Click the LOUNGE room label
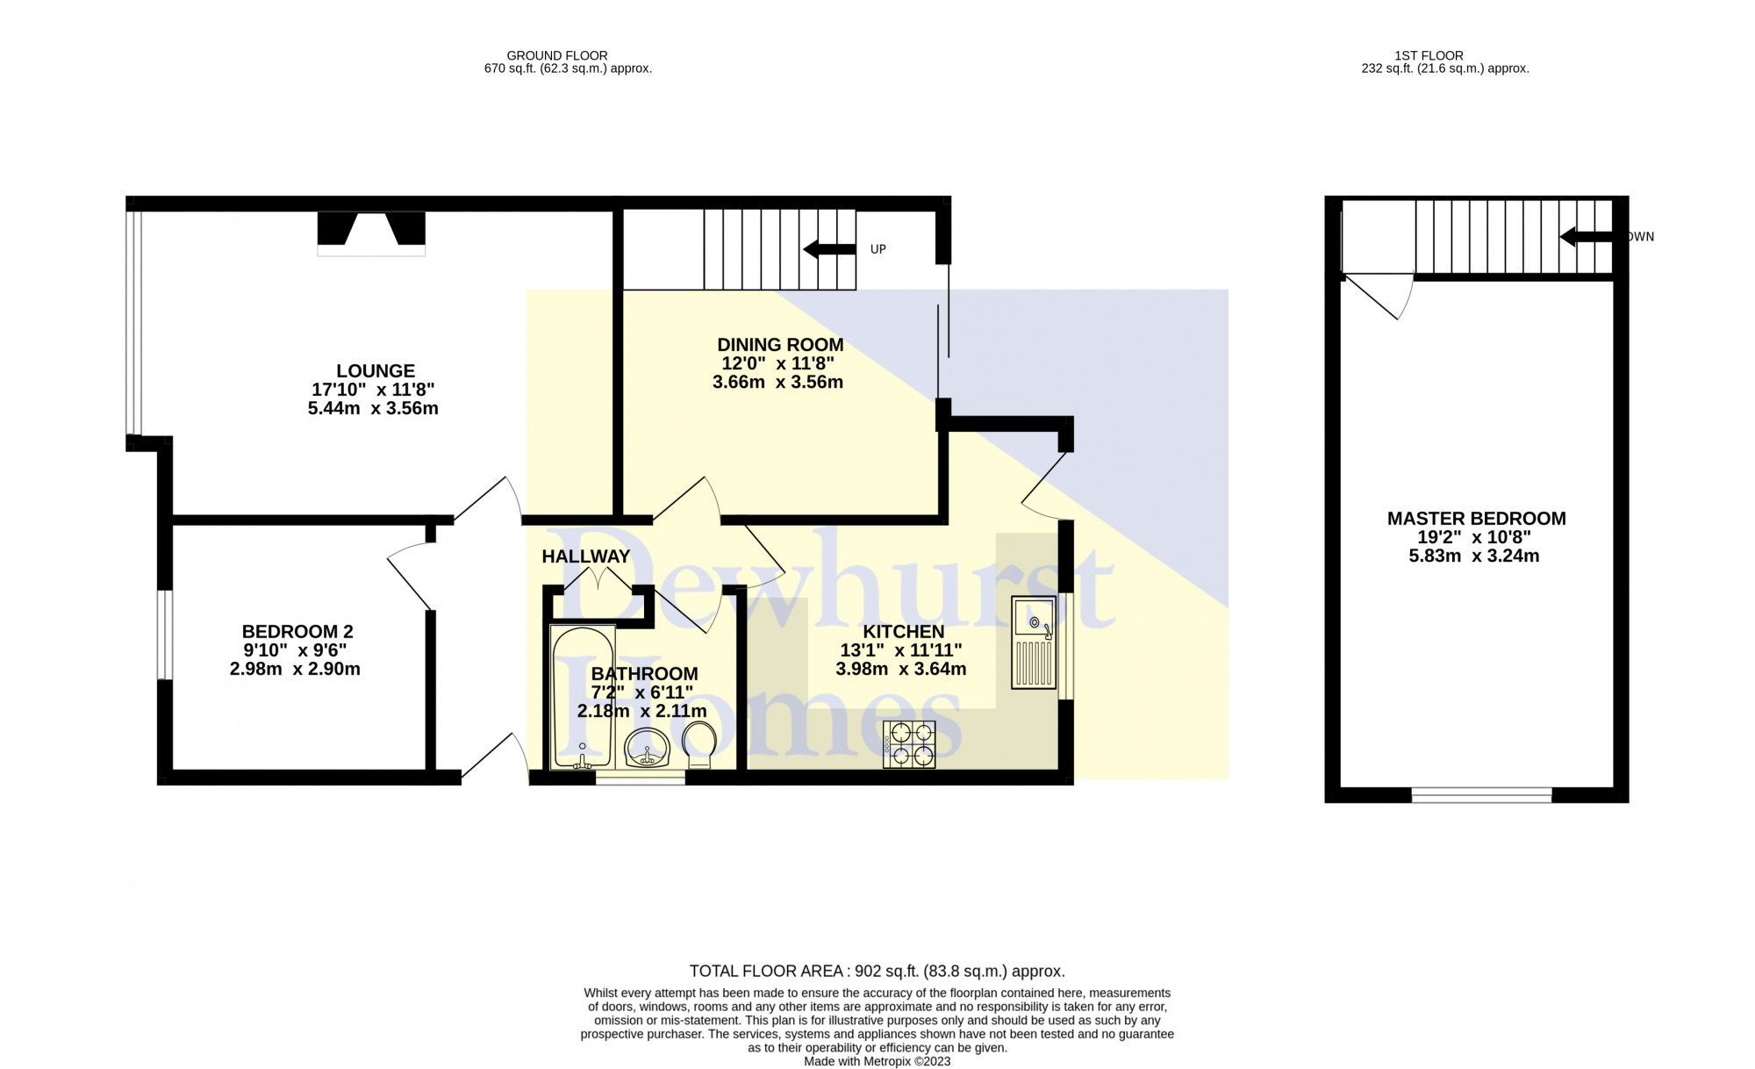(x=376, y=371)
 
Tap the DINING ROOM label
(x=780, y=345)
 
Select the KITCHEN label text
(x=903, y=632)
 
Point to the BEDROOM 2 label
(x=297, y=632)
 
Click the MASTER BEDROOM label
(x=1476, y=519)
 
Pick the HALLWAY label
(x=585, y=556)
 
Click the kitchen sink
(x=1034, y=642)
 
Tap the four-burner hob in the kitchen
(x=909, y=744)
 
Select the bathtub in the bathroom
(x=582, y=697)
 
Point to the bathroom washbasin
(x=648, y=749)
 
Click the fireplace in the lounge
(x=371, y=233)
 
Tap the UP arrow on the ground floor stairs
(x=829, y=249)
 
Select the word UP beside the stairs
(x=878, y=249)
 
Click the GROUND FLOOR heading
(x=557, y=55)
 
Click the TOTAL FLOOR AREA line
(x=877, y=971)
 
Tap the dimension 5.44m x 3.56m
(x=373, y=408)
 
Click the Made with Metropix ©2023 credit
(x=877, y=1061)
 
